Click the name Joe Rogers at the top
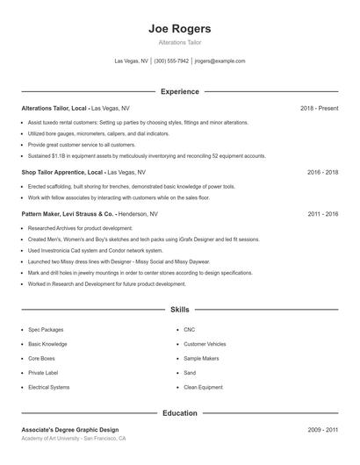coord(180,29)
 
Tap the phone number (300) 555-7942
coord(171,61)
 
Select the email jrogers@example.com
coord(220,61)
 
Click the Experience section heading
coord(180,91)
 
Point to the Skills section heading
coord(180,310)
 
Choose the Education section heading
coord(180,412)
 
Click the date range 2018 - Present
coord(319,108)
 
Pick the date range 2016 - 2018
coord(322,173)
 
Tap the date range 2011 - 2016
coord(322,213)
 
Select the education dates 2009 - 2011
coord(322,429)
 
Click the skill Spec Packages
coord(46,330)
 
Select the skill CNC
coord(190,330)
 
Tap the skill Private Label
coord(44,373)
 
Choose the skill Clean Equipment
coord(204,387)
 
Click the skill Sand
coord(191,373)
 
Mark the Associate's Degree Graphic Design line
coord(69,429)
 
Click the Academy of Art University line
coord(74,439)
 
